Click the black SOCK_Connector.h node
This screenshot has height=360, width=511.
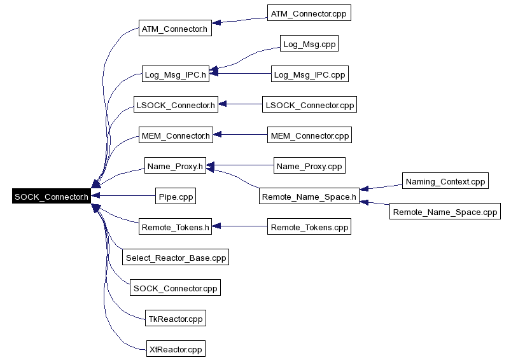click(52, 196)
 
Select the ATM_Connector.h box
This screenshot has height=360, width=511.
click(175, 28)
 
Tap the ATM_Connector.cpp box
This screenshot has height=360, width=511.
click(309, 13)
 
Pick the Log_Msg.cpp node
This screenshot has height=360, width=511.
click(309, 43)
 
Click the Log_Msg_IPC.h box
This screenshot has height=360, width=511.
click(176, 74)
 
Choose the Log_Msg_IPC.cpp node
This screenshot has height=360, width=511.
click(310, 74)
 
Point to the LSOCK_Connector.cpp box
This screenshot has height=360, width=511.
click(310, 104)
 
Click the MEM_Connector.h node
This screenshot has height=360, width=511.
click(176, 135)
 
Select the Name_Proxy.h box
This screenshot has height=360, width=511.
click(176, 165)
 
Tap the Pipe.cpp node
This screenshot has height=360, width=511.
click(176, 196)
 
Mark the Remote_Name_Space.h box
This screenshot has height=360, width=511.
click(309, 196)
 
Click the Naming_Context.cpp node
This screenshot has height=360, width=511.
click(445, 181)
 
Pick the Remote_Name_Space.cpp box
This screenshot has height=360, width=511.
click(445, 211)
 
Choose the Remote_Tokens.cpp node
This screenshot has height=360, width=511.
click(309, 226)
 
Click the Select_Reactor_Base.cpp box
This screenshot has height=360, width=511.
click(176, 257)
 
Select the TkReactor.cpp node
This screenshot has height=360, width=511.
click(176, 318)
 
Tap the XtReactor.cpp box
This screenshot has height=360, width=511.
click(176, 349)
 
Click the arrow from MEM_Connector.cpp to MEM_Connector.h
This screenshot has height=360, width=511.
click(240, 135)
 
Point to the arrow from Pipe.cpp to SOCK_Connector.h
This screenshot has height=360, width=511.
click(123, 195)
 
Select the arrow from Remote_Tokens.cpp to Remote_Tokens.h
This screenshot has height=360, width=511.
click(239, 226)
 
